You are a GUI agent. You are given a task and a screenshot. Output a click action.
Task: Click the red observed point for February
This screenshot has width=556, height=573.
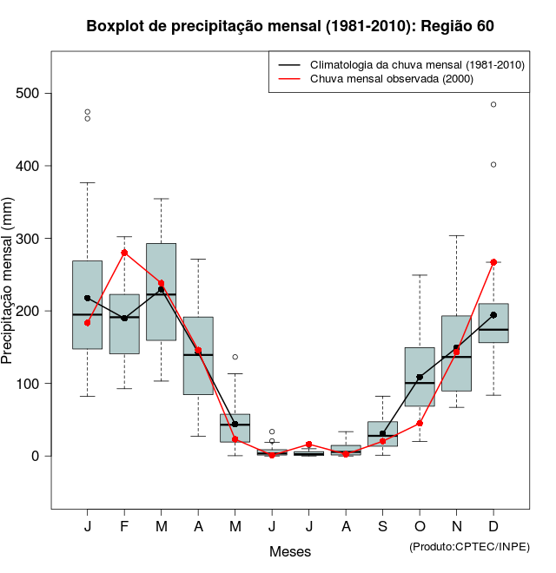[124, 253]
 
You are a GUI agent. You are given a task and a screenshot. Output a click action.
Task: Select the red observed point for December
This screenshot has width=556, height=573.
[493, 262]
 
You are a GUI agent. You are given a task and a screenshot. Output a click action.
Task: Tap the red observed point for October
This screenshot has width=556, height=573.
[420, 424]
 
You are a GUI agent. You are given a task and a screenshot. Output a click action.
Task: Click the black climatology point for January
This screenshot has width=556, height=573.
[88, 298]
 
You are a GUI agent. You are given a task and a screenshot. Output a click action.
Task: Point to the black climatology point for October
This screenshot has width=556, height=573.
[420, 378]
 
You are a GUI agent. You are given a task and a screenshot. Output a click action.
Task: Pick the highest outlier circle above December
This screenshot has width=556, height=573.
[493, 104]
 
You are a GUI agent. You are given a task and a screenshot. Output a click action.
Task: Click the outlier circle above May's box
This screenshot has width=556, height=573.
[235, 357]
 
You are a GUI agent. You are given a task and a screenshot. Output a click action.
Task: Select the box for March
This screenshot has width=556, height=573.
[162, 292]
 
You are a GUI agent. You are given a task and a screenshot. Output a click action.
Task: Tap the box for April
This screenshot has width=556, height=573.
[198, 356]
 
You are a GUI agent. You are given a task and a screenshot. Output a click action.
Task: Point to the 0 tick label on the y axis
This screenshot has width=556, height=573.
[36, 456]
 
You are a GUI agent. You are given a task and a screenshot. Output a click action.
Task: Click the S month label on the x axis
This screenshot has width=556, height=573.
[383, 527]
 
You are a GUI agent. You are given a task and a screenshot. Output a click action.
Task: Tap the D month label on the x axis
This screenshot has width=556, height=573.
[493, 527]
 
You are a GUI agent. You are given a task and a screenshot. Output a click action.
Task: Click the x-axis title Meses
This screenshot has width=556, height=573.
[290, 551]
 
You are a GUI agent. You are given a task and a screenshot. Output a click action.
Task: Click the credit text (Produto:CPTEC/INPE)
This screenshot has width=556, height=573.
[469, 546]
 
